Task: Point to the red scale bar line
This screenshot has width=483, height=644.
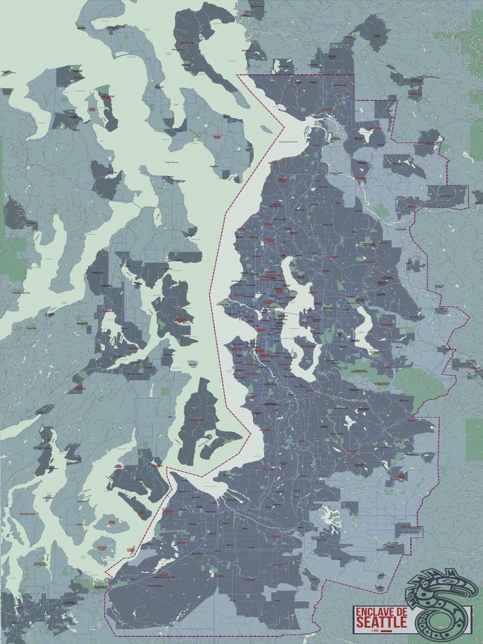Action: tap(385, 630)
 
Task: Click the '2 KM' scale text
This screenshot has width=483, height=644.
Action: tap(375, 630)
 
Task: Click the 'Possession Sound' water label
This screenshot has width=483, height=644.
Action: tap(292, 143)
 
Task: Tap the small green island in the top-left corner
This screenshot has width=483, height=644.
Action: tap(8, 73)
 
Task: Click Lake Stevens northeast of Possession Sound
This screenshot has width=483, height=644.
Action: tap(366, 133)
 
